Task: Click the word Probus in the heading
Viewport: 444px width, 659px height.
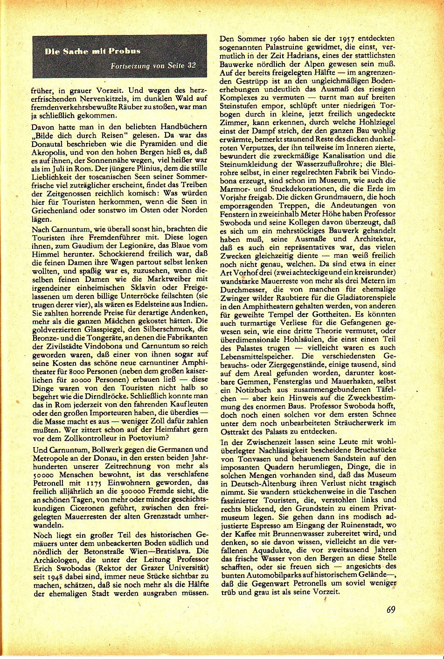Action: (x=125, y=51)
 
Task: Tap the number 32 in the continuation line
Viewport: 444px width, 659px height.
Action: (x=191, y=66)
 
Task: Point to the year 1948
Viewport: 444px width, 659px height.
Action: (x=51, y=576)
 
